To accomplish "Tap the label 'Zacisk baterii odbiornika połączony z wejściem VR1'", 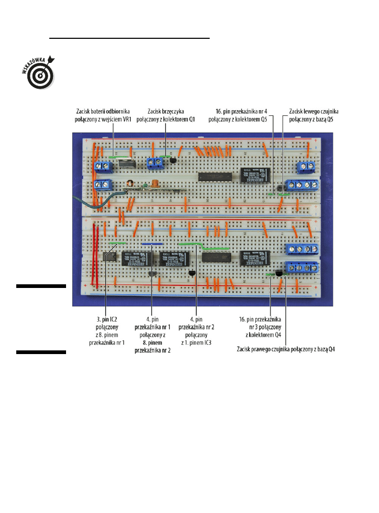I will pos(102,115).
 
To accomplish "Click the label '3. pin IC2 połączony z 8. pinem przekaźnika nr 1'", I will pos(106,330).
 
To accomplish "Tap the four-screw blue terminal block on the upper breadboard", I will pos(301,186).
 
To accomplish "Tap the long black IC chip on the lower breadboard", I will pos(213,256).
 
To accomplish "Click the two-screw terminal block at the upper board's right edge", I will pos(305,167).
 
